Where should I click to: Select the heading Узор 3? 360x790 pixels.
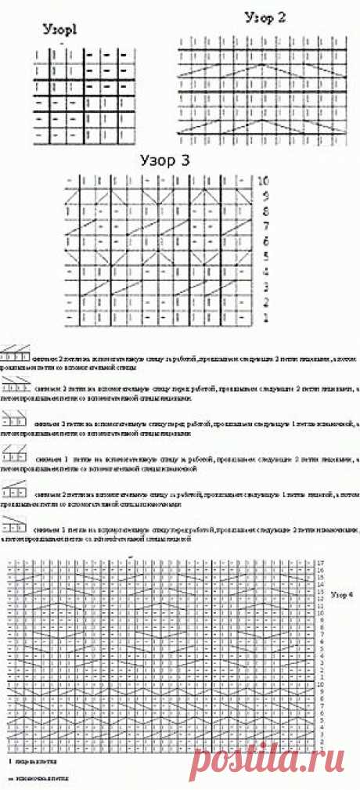[x=164, y=161]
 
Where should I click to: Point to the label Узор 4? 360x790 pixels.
[x=343, y=595]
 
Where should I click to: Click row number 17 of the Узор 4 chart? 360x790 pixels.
[x=321, y=563]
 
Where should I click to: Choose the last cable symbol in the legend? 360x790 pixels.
[x=14, y=521]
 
